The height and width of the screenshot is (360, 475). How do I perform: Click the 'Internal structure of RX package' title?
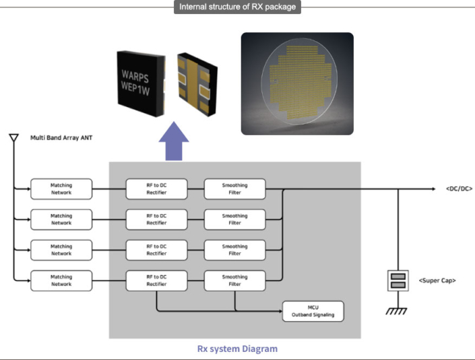(237, 7)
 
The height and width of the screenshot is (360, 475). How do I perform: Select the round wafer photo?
(298, 83)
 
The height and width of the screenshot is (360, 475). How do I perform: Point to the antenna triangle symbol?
(13, 139)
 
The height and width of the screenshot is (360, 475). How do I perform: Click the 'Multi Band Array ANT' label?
(63, 138)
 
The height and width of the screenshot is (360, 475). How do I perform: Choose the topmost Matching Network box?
(61, 188)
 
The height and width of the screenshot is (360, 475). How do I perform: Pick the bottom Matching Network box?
(61, 281)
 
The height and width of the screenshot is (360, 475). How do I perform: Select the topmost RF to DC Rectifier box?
(156, 188)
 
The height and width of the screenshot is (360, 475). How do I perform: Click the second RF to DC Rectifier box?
(156, 219)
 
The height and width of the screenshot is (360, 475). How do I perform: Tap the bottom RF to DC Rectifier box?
(156, 281)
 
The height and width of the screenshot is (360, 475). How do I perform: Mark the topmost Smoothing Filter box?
(234, 188)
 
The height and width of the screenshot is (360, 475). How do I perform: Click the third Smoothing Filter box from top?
(234, 250)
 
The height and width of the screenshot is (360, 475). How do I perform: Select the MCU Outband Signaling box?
(313, 311)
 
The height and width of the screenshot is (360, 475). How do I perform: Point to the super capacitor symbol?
(399, 280)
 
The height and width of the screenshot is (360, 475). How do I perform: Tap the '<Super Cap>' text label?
(437, 280)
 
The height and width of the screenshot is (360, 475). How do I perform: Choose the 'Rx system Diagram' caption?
(236, 349)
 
